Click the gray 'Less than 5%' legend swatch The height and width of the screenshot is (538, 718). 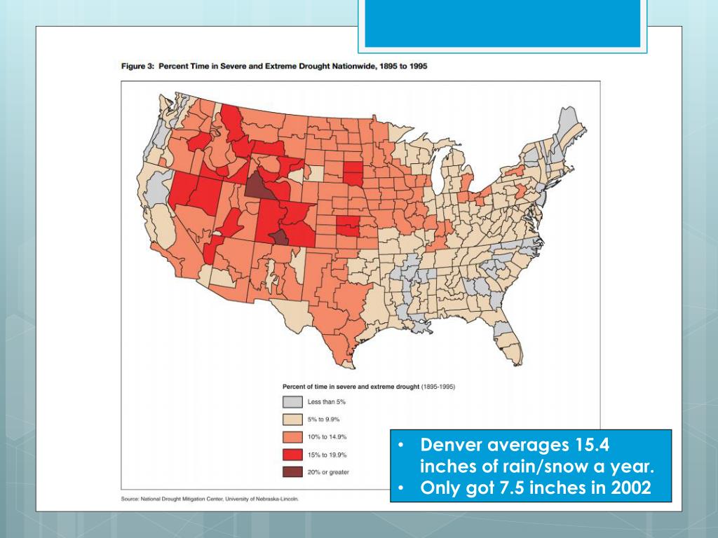(292, 402)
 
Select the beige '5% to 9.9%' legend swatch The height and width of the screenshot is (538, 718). (292, 420)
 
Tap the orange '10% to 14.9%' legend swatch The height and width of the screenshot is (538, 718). (292, 437)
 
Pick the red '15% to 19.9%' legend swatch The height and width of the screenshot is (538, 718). (292, 454)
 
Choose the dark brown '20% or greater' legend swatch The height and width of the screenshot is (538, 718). (292, 471)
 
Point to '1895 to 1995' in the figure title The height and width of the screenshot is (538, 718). (403, 66)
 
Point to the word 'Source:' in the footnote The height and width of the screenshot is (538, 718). (130, 499)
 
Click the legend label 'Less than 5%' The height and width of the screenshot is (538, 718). (327, 402)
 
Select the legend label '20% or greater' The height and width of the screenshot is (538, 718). (328, 471)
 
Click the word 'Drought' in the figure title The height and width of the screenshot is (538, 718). (301, 66)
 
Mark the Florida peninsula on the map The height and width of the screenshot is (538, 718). (510, 347)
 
